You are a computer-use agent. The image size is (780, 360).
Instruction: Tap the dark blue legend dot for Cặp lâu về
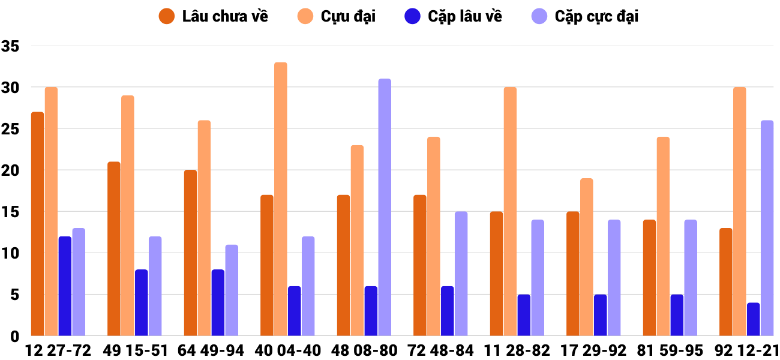(413, 16)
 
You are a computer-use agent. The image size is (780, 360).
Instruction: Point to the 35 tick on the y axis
(10, 46)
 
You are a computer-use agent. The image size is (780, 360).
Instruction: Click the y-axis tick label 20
(10, 170)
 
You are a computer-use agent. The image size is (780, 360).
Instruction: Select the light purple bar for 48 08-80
(385, 207)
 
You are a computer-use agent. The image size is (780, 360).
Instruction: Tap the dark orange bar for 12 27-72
(37, 224)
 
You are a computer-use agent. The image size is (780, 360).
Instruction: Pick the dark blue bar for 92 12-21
(753, 319)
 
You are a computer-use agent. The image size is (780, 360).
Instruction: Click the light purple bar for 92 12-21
(767, 228)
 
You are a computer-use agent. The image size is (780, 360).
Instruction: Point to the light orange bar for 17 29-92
(586, 257)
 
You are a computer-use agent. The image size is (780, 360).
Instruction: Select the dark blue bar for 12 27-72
(65, 286)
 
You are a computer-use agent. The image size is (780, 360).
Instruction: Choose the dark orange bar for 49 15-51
(114, 249)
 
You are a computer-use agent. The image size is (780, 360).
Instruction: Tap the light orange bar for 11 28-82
(510, 211)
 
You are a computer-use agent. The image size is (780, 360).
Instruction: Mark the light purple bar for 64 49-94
(232, 290)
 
